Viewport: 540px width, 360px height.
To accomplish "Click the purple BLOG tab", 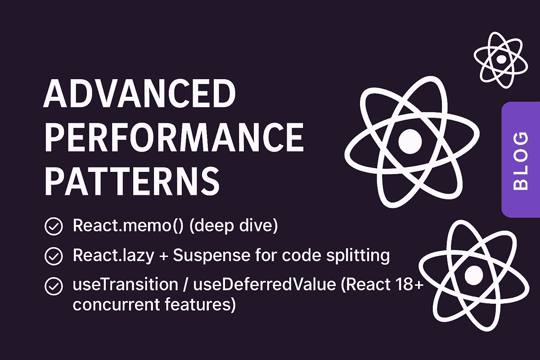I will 521,160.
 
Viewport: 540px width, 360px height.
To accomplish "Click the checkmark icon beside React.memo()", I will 54,227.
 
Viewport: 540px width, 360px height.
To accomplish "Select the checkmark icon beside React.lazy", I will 54,256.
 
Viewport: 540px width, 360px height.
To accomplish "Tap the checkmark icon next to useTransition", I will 54,286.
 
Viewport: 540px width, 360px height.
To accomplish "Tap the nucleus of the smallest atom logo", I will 500,58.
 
